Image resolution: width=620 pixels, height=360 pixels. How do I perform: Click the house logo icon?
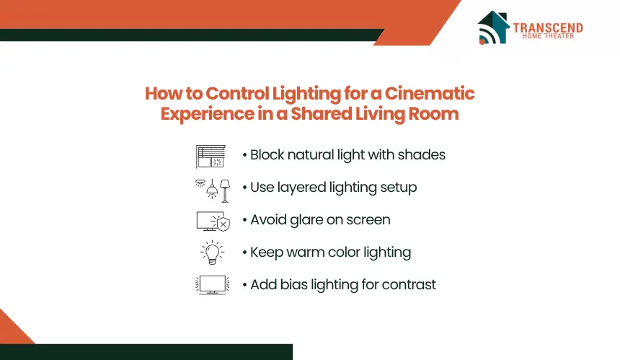click(493, 27)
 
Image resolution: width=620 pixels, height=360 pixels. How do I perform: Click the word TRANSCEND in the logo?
click(548, 27)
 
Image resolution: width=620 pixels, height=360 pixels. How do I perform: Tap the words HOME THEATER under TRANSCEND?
click(548, 36)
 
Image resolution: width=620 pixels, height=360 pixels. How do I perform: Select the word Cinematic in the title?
click(430, 94)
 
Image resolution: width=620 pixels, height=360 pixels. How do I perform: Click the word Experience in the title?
click(208, 114)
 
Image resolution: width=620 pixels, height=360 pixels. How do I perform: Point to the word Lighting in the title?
click(306, 95)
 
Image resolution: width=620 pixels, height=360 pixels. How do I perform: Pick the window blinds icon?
click(211, 157)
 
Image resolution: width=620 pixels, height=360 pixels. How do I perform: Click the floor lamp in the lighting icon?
click(225, 191)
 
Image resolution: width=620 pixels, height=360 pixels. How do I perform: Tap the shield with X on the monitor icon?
click(223, 224)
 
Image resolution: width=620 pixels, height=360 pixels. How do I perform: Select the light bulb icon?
click(213, 252)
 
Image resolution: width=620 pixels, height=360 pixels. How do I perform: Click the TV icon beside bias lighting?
click(213, 285)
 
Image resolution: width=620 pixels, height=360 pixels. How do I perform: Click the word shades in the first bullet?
click(422, 154)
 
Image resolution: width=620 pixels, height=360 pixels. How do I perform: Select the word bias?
click(294, 284)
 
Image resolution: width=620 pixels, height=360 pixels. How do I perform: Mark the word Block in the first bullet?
click(267, 154)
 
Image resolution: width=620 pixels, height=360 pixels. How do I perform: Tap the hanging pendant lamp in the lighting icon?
click(213, 189)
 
